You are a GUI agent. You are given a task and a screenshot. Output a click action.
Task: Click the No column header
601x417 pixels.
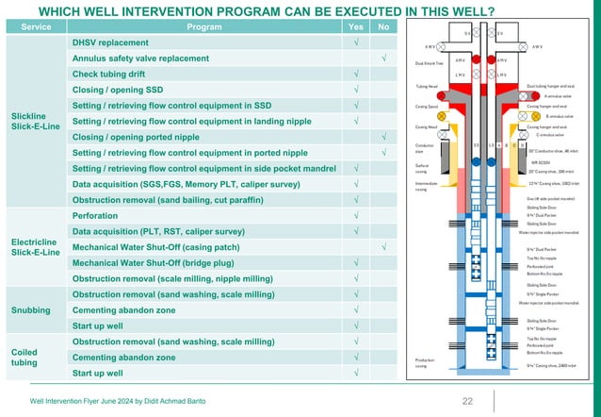pos(383,26)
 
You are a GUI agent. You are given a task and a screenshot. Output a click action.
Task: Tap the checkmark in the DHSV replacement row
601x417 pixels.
pos(356,43)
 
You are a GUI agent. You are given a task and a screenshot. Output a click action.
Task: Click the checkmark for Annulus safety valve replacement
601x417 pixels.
pos(383,59)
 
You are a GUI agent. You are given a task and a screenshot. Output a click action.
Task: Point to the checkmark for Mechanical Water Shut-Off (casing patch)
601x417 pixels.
pos(383,246)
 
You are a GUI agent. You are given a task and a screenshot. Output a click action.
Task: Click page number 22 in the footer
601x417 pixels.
pos(467,402)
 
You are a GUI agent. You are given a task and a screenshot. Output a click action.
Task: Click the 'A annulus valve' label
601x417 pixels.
pos(560,96)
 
